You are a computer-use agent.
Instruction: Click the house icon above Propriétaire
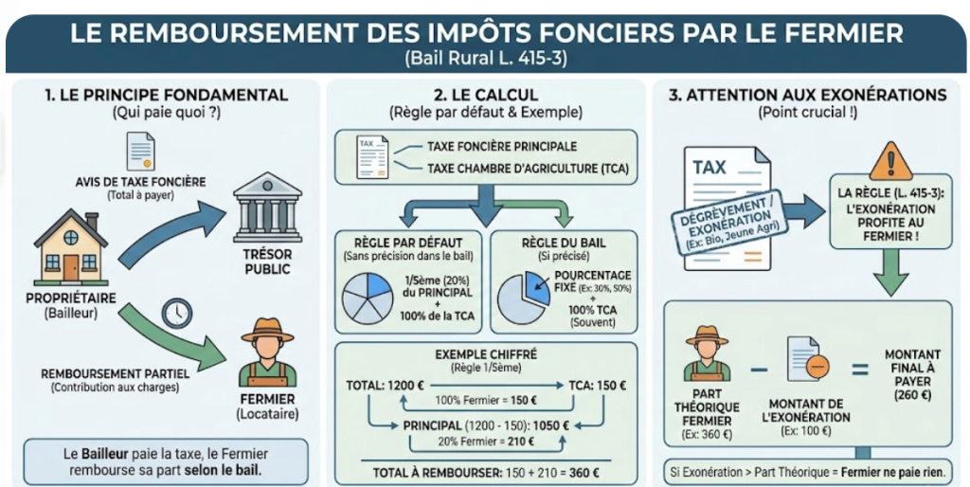click(70, 248)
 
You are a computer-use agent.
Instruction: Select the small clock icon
click(177, 313)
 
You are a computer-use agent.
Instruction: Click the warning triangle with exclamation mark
click(889, 161)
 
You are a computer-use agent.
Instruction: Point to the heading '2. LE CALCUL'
click(486, 95)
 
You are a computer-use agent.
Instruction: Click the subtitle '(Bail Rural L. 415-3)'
click(486, 58)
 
